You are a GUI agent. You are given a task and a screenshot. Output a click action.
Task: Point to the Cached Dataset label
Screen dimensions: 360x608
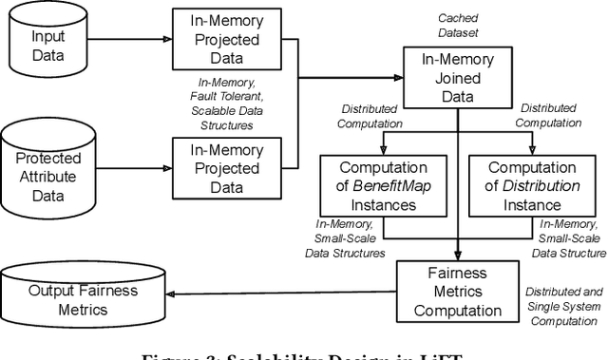click(x=459, y=26)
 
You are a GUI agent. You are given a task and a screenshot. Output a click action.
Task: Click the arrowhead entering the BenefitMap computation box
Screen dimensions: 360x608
click(x=383, y=151)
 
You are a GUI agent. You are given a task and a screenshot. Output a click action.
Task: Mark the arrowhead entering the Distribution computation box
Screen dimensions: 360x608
click(x=532, y=151)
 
